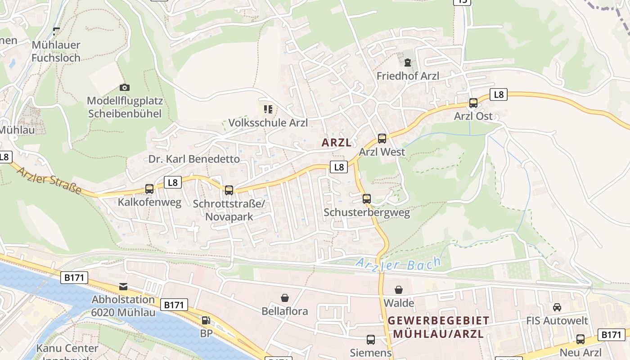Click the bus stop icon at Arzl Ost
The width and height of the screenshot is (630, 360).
[x=473, y=103]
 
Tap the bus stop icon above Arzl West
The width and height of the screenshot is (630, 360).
[x=382, y=139]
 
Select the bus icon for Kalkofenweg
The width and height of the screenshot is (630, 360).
[x=149, y=189]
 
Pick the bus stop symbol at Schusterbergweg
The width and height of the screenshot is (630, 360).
[x=367, y=199]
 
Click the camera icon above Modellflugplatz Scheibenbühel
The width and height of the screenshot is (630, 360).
[x=125, y=87]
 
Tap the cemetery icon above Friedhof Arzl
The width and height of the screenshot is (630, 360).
[x=408, y=63]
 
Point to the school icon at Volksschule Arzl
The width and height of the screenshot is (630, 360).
[x=268, y=109]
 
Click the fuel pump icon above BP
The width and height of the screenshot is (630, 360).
[x=206, y=320]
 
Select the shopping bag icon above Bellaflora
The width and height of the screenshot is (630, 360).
[x=285, y=298]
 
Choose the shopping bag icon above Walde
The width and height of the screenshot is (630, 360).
[x=399, y=290]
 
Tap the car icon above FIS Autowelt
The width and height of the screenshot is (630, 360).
[x=557, y=307]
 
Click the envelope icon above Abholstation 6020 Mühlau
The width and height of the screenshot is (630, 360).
[x=123, y=287]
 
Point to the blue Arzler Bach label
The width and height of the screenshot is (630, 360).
[x=398, y=264]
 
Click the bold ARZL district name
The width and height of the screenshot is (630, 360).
[x=336, y=143]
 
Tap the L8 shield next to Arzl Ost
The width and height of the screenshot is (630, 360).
[x=499, y=94]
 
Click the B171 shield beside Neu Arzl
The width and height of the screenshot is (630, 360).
[x=611, y=335]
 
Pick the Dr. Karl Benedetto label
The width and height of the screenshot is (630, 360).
[x=194, y=159]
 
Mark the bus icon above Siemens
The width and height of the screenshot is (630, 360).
[x=370, y=340]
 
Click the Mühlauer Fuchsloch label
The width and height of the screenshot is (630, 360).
[x=56, y=51]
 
